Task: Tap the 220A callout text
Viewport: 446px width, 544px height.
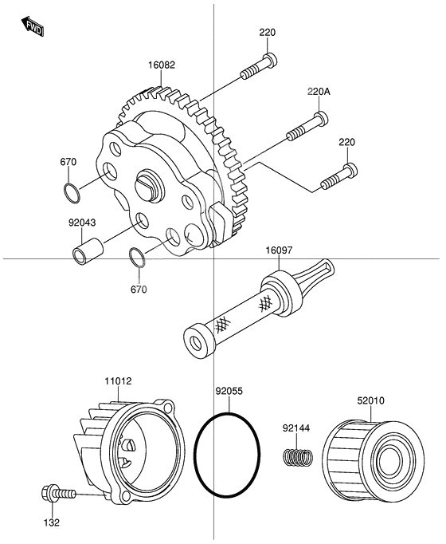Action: pos(319,92)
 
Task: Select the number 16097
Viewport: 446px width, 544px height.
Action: pos(280,250)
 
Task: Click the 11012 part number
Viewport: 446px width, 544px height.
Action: pos(118,382)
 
